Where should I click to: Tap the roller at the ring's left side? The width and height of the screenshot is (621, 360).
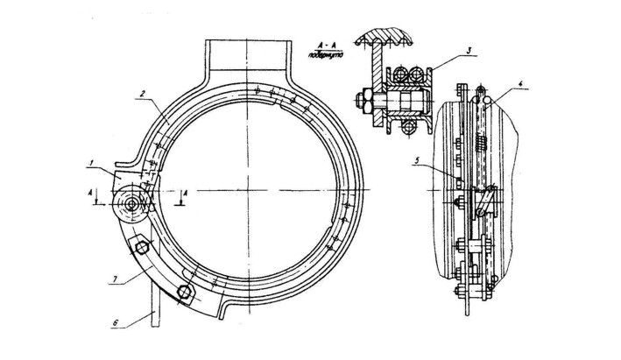(132, 205)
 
